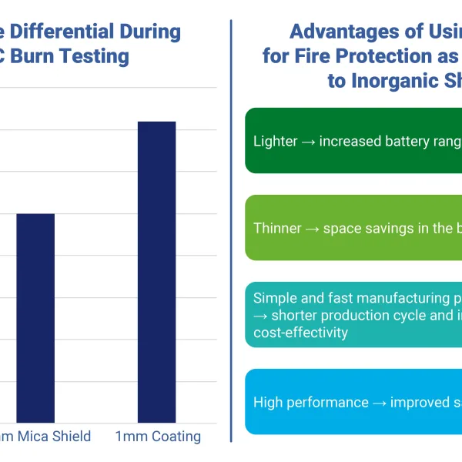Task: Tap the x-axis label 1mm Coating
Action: point(158,437)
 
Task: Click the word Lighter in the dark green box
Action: point(274,141)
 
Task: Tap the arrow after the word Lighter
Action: point(307,142)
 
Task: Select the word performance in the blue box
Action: point(327,402)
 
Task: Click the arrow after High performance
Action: point(379,403)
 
